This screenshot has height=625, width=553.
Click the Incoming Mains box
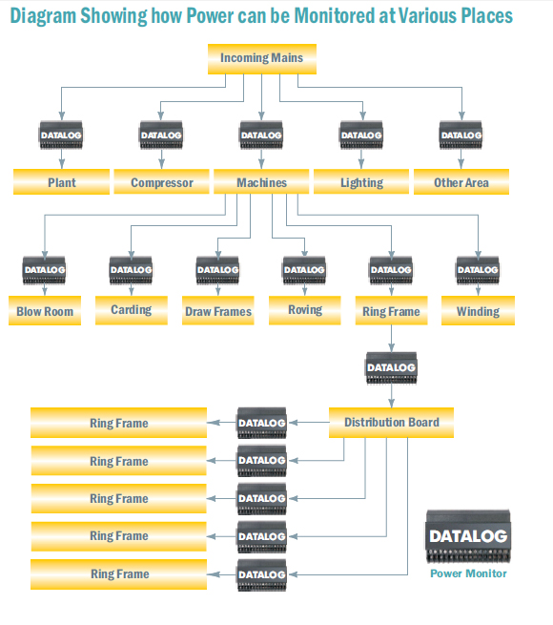[262, 59]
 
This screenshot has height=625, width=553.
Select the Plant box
[61, 181]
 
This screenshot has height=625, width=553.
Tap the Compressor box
[161, 181]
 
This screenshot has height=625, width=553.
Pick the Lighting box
[361, 181]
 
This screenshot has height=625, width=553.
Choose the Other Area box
[461, 181]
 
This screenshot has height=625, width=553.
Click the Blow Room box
[45, 310]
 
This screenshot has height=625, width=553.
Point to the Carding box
[131, 310]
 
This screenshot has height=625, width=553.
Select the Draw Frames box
[218, 310]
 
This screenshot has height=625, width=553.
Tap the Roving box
[305, 310]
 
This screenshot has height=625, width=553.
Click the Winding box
[478, 310]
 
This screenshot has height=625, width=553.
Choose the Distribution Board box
[391, 423]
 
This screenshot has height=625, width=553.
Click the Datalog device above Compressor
[161, 135]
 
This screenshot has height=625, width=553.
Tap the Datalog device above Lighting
[361, 135]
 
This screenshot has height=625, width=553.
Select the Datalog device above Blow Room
[44, 270]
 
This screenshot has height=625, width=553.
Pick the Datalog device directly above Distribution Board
[391, 368]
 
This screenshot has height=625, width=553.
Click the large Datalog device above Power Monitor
[468, 536]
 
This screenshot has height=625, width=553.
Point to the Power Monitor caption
[468, 573]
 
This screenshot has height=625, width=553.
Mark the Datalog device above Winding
[478, 270]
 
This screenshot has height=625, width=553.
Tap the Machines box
[261, 181]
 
